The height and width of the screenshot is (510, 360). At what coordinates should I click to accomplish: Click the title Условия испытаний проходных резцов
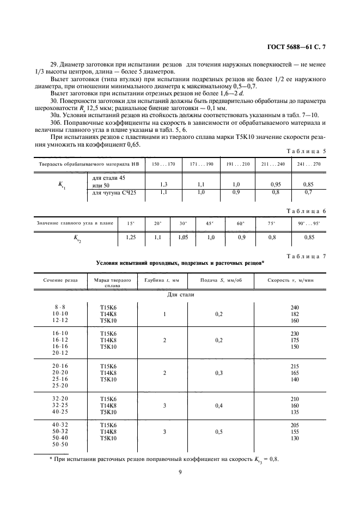(x=180, y=263)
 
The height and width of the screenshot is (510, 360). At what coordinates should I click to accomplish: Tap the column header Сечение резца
(x=60, y=280)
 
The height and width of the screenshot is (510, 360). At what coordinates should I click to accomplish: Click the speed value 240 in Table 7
(x=295, y=307)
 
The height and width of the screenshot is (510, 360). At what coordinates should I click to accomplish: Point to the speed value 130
(x=295, y=438)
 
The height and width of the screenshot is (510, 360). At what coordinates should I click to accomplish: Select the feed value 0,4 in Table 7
(x=219, y=405)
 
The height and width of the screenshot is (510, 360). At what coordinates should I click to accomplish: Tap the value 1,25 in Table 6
(x=131, y=237)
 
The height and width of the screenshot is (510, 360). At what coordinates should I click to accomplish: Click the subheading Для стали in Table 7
(x=180, y=295)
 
